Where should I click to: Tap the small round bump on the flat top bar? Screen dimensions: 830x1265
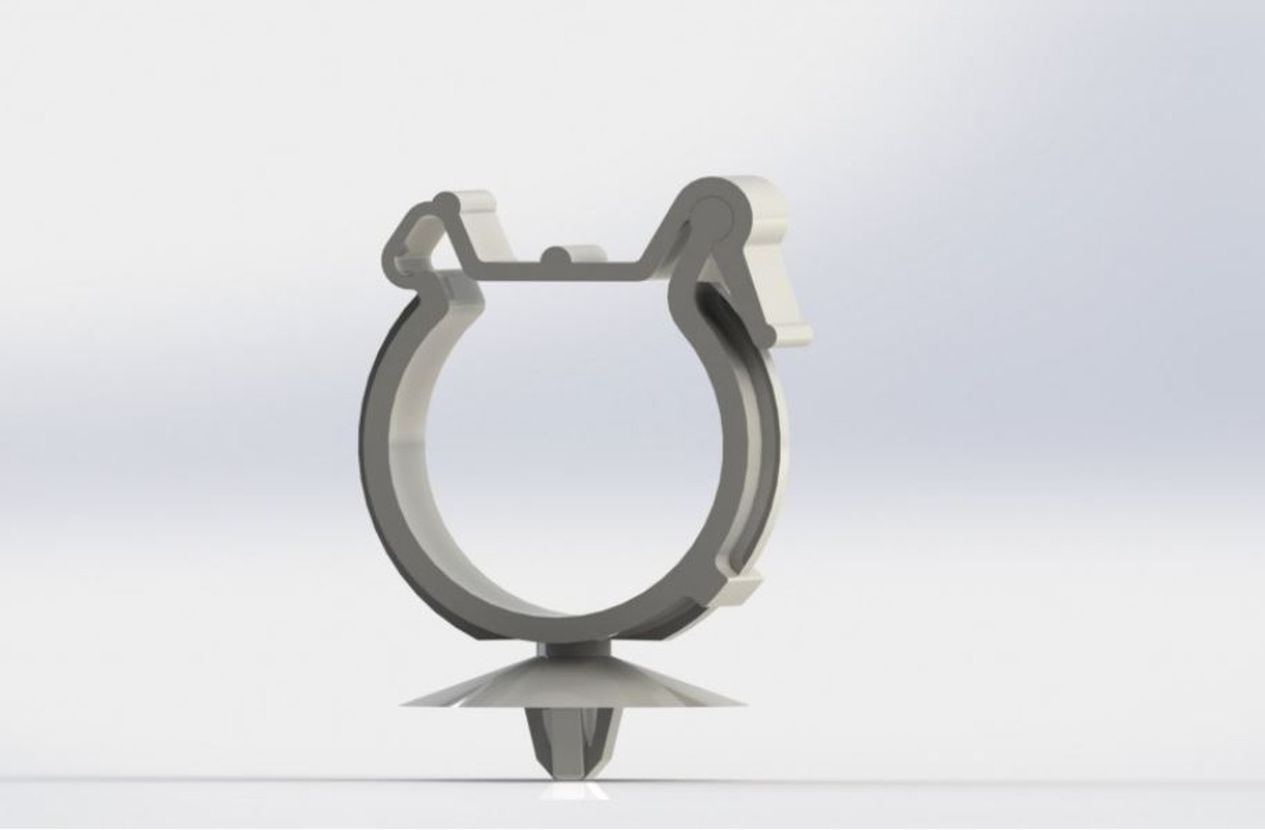pos(554,257)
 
